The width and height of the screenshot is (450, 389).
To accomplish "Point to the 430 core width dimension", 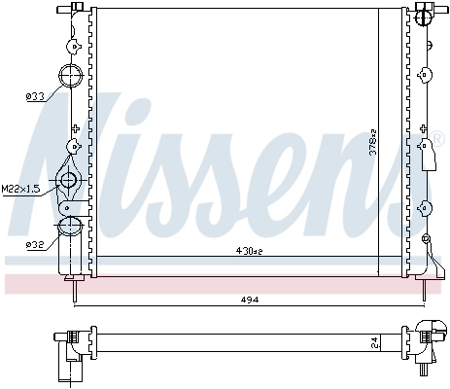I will tap(249, 251).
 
